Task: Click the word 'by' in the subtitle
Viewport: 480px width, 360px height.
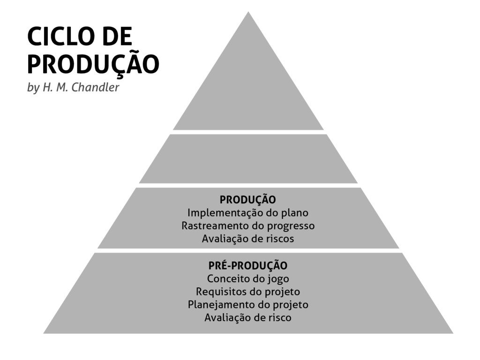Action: [x=33, y=88]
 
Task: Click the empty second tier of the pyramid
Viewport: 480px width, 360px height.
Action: [x=248, y=158]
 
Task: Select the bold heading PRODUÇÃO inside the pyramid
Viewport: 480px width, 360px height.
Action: [x=248, y=200]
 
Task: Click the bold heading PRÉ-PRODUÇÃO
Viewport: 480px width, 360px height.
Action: [x=248, y=266]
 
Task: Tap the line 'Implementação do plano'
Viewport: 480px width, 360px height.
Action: [x=248, y=213]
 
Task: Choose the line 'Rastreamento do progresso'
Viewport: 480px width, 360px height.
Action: [x=248, y=226]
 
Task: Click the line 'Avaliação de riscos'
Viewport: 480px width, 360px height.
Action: [x=248, y=239]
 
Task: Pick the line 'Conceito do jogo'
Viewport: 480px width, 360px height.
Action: [x=248, y=279]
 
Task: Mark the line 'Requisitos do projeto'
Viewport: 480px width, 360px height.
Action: [x=248, y=292]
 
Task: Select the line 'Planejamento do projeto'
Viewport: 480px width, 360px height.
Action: [x=248, y=305]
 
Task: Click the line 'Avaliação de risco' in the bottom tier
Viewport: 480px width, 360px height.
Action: [x=248, y=318]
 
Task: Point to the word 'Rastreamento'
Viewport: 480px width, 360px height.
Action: [x=210, y=226]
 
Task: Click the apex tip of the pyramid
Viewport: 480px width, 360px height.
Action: [x=248, y=14]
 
